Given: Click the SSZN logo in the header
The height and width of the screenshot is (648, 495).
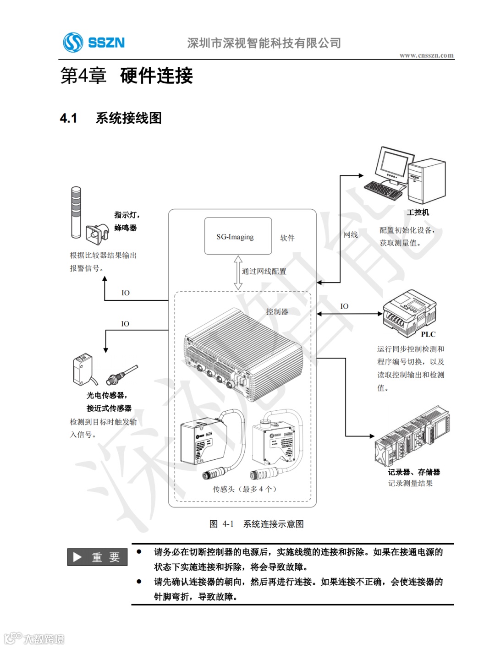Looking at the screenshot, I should (x=94, y=43).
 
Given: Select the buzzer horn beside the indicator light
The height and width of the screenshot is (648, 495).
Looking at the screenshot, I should (x=97, y=233).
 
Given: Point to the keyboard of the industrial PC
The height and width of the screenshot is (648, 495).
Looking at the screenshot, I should (x=383, y=190).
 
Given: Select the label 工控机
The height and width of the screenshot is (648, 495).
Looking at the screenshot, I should (x=418, y=212).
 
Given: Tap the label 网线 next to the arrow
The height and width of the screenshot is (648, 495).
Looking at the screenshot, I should (x=351, y=234).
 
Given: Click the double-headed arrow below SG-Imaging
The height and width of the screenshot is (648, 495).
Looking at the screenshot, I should (x=238, y=272).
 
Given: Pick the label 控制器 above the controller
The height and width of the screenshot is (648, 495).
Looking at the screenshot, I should (x=277, y=311).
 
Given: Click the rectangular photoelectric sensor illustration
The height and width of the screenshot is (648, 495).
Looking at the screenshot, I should (x=83, y=369).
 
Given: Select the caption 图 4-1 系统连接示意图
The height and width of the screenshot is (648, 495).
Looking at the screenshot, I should (x=256, y=524).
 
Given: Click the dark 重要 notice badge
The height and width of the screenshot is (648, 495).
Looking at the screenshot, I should (x=97, y=557).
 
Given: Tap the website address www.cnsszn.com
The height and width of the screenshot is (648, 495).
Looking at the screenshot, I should (x=426, y=55).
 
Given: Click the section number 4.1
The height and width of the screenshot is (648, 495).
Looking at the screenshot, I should (x=68, y=118).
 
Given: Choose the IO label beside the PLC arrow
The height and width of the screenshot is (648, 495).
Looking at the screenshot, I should (x=344, y=306).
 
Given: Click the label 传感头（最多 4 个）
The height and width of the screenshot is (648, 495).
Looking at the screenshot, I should (x=244, y=489).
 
